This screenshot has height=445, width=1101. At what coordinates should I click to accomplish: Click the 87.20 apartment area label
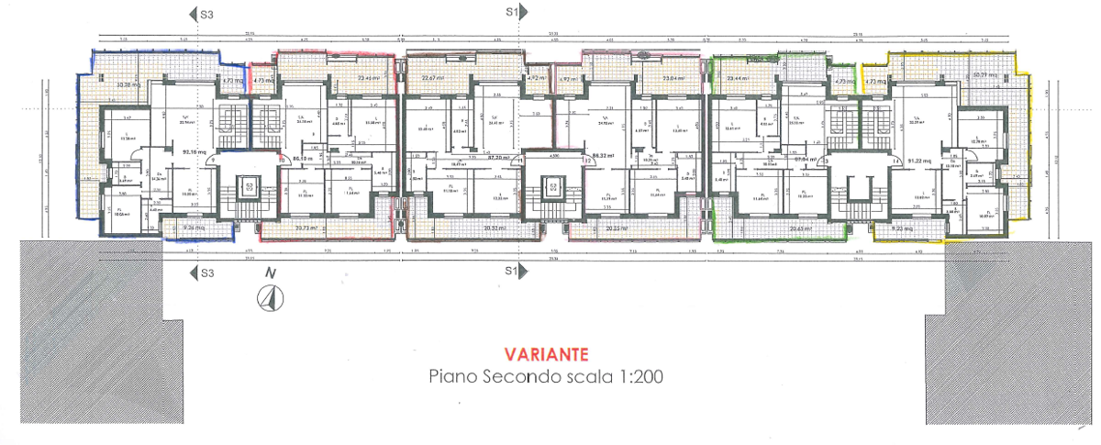pyautogui.click(x=499, y=158)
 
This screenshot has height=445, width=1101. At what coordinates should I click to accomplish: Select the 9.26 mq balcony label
pyautogui.click(x=194, y=227)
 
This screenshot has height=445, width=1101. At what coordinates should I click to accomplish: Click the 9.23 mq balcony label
pyautogui.click(x=903, y=227)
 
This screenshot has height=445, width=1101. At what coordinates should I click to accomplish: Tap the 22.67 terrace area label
pyautogui.click(x=433, y=79)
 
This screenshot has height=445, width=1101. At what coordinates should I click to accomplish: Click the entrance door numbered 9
pyautogui.click(x=213, y=160)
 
